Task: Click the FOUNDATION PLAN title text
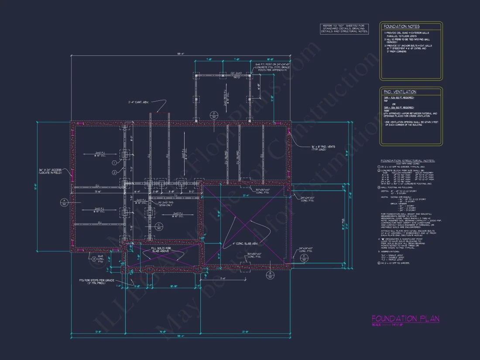405,319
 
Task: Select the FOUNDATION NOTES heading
401,27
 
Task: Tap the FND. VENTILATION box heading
400,92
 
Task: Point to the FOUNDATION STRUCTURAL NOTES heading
408,161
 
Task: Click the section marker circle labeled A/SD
64,202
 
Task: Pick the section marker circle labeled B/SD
270,275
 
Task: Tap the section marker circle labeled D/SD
214,116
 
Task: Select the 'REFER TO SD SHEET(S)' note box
344,28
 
